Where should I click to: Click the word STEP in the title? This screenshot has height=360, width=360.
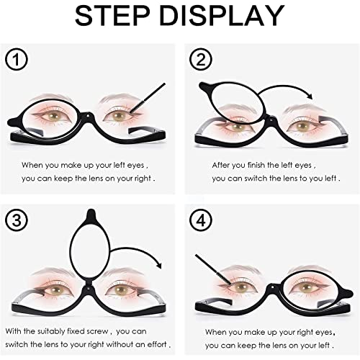pyautogui.click(x=114, y=15)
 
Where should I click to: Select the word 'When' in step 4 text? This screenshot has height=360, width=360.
pyautogui.click(x=217, y=333)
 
